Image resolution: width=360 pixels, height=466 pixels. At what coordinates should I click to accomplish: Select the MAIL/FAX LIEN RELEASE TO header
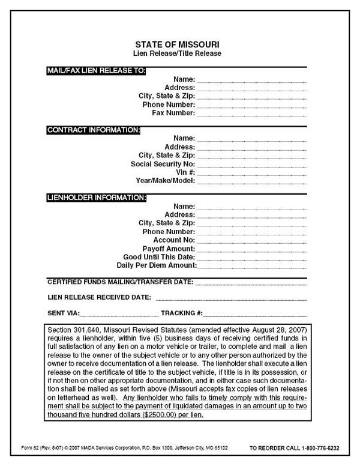click(x=96, y=70)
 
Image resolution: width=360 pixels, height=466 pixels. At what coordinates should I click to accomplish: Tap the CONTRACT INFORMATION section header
click(x=94, y=129)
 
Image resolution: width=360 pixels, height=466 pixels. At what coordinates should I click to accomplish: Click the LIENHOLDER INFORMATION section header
click(x=97, y=197)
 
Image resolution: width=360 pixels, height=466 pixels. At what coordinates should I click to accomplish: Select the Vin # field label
click(x=184, y=172)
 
